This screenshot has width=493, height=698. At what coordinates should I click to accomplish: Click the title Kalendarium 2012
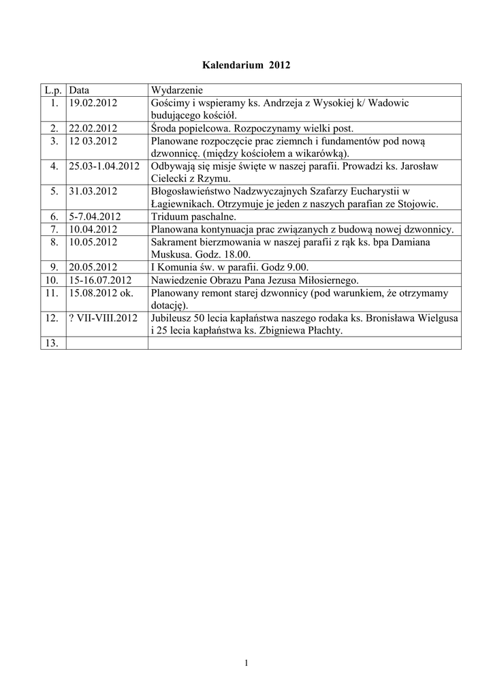(246, 65)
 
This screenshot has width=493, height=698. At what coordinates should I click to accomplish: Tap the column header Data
(79, 89)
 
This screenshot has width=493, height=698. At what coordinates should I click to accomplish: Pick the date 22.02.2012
(93, 127)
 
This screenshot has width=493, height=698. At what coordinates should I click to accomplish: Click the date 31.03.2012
(93, 191)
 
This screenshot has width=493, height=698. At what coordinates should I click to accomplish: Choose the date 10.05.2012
(93, 242)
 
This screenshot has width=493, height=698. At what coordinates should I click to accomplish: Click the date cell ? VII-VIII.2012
(103, 318)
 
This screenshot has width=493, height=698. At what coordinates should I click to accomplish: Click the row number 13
(52, 344)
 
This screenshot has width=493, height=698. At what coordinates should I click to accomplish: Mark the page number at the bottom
(246, 663)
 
